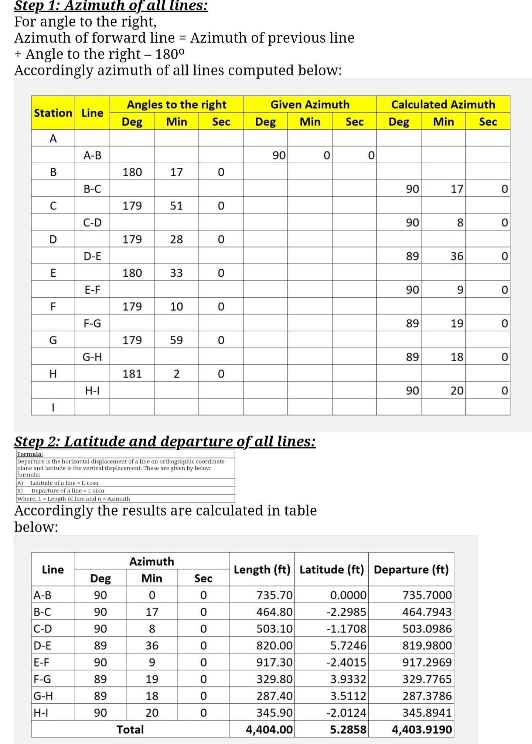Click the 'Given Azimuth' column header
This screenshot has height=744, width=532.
(x=310, y=105)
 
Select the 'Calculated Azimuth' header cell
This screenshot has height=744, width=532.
(x=443, y=105)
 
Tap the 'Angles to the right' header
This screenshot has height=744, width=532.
(x=176, y=105)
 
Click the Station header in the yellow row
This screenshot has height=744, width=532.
(x=53, y=113)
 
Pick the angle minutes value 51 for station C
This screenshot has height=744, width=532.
(x=176, y=206)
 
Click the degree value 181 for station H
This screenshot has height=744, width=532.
(x=132, y=374)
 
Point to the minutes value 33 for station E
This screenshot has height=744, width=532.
(x=176, y=273)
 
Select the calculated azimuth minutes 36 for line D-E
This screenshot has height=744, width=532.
(x=457, y=256)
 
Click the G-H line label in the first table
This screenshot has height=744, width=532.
(x=92, y=357)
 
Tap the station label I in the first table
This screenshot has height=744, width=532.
(x=53, y=407)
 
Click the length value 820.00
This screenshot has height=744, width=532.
(x=274, y=645)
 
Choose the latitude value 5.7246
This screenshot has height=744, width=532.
(x=348, y=645)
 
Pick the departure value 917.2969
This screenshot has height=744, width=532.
(x=427, y=662)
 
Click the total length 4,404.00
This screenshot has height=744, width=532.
(x=269, y=729)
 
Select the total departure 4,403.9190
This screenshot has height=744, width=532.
(x=422, y=729)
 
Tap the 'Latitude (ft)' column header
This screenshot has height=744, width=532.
(x=331, y=569)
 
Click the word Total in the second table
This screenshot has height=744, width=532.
(x=130, y=729)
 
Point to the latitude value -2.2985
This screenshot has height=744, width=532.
(x=346, y=612)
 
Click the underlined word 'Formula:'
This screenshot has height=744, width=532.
(x=30, y=454)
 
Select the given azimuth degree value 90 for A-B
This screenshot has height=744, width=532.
(x=279, y=156)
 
